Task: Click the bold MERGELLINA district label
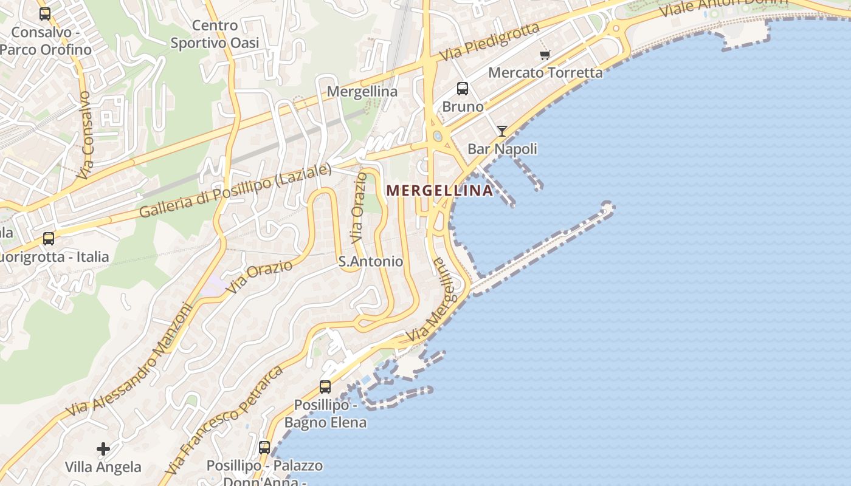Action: point(439,190)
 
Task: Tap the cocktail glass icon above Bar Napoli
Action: point(501,131)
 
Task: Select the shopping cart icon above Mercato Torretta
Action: point(545,55)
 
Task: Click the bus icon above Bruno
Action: point(463,89)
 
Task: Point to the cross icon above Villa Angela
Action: point(103,449)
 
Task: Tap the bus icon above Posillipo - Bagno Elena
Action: point(325,386)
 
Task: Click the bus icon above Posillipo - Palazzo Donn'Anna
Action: point(264,447)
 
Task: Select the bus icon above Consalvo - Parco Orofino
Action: point(45,13)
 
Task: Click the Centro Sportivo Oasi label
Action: point(215,34)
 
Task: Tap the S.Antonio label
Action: point(371,261)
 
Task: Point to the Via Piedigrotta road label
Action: point(491,42)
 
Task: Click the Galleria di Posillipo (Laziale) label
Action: point(236,191)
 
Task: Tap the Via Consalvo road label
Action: point(84,135)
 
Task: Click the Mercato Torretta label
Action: point(545,72)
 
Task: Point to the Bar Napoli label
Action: point(502,149)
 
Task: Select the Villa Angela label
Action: point(103,467)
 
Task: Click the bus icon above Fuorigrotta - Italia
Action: point(49,239)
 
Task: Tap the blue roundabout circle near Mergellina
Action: point(437,136)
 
